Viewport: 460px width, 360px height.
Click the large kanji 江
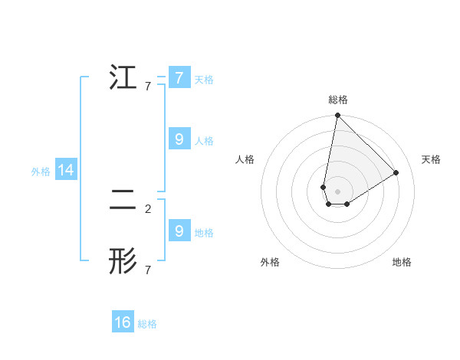(123, 78)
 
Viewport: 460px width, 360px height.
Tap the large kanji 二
(123, 200)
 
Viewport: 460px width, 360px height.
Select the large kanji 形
(123, 261)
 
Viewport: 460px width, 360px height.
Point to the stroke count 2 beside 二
(148, 208)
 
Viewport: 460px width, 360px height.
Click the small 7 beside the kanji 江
(148, 87)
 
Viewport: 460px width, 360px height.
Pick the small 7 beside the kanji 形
(148, 270)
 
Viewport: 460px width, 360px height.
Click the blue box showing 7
(179, 78)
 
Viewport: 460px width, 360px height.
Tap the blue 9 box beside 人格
(179, 139)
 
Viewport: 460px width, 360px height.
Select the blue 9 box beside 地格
(179, 231)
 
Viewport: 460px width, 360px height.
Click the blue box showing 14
(66, 171)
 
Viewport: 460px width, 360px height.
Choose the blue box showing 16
(123, 322)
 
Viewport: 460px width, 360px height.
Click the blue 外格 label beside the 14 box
(41, 172)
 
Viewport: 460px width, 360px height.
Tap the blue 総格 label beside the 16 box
(147, 324)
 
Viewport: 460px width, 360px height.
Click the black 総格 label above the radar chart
(338, 100)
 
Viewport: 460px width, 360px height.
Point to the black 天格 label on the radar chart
(431, 159)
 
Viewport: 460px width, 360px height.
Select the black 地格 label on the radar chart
(402, 262)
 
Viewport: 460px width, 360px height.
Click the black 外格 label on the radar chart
(270, 262)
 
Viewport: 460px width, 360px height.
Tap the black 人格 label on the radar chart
(245, 159)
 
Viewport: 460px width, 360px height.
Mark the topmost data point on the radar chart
(337, 116)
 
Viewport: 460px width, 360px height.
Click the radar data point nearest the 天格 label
(396, 172)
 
